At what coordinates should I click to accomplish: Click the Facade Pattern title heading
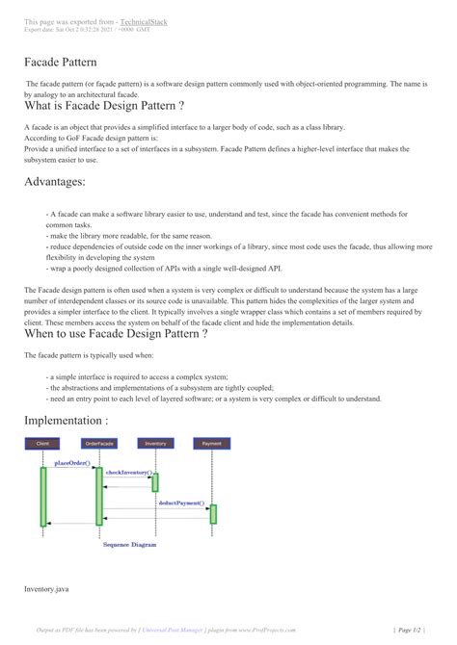62,63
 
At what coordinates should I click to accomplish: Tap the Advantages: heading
61,181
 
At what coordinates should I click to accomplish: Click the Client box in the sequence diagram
42,444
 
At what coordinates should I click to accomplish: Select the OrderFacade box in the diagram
98,444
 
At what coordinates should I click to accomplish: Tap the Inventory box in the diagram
154,444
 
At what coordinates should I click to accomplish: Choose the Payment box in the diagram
212,444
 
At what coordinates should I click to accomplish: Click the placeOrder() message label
72,463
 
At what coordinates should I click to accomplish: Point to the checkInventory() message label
128,473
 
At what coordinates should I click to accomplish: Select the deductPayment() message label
180,503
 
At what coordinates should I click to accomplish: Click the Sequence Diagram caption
129,545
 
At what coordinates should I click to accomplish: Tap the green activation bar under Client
43,496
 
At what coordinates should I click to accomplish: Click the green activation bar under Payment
213,514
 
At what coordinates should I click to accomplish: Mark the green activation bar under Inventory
155,482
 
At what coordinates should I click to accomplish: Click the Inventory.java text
44,586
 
